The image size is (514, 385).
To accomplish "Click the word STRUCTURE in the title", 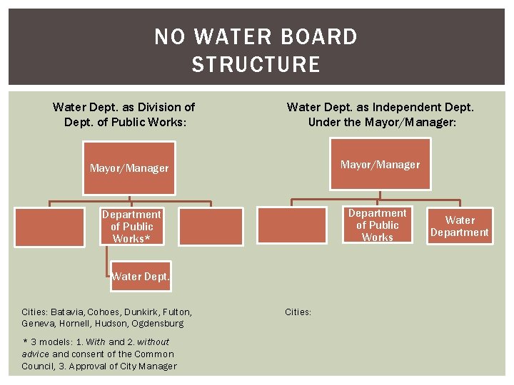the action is pos(256,64).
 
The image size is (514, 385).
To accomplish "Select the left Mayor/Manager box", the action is pos(128,168).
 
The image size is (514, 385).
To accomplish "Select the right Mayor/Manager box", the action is pos(380,165).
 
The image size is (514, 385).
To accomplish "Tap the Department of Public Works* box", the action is pos(131,226).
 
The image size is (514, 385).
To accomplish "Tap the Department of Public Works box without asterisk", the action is pos(377,225).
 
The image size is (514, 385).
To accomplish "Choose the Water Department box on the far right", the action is pos(459,226).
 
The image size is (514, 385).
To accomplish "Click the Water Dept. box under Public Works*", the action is pos(140,276).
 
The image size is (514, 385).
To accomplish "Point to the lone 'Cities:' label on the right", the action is pos(298,312).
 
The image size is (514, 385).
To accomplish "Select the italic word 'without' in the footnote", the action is pos(153,342).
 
